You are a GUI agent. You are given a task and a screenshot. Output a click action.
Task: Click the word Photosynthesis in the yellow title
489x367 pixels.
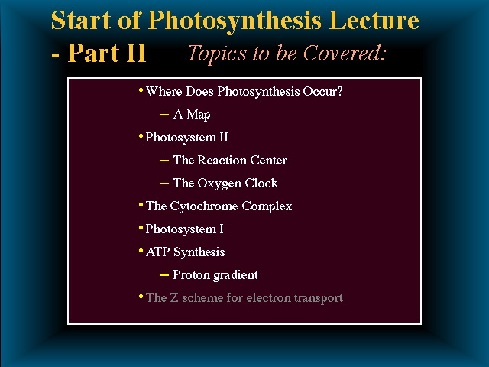click(235, 21)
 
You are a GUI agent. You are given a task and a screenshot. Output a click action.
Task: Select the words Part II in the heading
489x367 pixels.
click(107, 53)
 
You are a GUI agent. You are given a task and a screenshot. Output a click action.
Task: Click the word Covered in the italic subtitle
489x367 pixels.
click(342, 53)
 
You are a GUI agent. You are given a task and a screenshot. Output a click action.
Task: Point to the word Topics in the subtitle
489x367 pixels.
click(217, 53)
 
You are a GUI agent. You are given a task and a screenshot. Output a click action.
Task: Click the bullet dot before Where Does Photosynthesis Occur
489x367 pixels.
click(141, 90)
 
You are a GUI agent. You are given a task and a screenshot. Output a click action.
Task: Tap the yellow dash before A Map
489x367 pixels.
click(164, 115)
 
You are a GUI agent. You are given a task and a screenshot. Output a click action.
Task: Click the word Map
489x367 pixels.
click(199, 115)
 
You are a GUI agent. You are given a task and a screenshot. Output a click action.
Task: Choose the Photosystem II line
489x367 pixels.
click(186, 138)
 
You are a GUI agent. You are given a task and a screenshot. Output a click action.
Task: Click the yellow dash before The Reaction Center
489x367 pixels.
click(164, 161)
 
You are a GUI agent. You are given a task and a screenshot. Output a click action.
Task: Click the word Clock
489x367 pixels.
click(261, 183)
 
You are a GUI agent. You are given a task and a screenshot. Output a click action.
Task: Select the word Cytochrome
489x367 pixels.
click(204, 206)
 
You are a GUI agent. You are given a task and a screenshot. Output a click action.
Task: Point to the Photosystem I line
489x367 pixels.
click(184, 229)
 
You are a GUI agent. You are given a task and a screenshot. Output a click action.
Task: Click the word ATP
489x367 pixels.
click(158, 252)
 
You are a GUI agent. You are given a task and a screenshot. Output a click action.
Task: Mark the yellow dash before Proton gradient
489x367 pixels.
click(164, 275)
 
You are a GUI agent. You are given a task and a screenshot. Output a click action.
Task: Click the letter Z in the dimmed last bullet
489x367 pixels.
click(174, 297)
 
